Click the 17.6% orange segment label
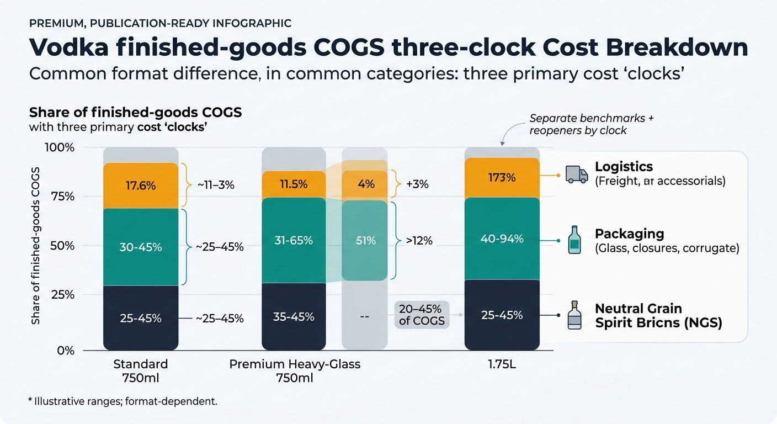click(x=141, y=185)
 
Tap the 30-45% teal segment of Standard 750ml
click(x=141, y=247)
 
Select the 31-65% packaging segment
click(x=294, y=240)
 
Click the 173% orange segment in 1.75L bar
click(x=502, y=178)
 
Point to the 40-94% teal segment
click(x=502, y=239)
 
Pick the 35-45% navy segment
click(x=294, y=317)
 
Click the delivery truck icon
click(x=577, y=175)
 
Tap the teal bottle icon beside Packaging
click(x=574, y=240)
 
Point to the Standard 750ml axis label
click(x=141, y=372)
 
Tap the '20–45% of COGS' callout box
click(x=422, y=315)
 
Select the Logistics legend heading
click(x=624, y=167)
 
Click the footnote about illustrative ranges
click(x=123, y=401)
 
